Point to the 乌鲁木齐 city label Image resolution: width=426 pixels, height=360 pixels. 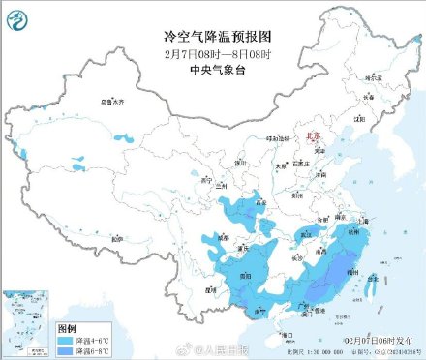(114, 101)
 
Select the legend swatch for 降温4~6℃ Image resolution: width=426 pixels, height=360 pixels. (66, 340)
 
